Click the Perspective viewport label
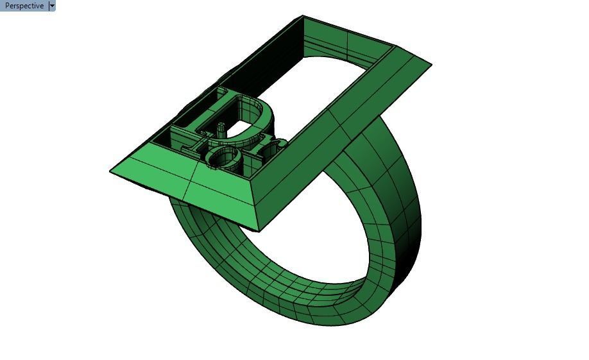(24, 6)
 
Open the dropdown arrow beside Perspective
(52, 6)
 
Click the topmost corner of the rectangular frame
(302, 17)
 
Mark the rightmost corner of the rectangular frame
(431, 64)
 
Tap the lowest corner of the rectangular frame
(260, 230)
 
